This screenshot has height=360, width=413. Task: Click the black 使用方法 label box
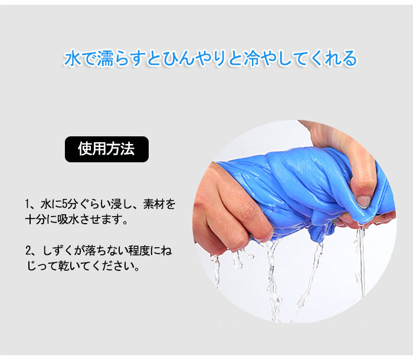click(107, 149)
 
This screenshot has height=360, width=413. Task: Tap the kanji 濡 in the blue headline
click(106, 58)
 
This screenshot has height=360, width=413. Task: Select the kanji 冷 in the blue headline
click(252, 58)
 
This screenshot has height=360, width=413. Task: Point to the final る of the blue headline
click(349, 58)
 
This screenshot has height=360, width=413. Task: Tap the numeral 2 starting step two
click(28, 250)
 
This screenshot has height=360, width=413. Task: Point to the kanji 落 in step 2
click(90, 250)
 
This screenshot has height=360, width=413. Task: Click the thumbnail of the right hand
click(363, 201)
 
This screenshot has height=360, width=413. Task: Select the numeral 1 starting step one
click(27, 204)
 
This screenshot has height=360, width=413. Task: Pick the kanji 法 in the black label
click(128, 149)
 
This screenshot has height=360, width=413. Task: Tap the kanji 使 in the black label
click(85, 149)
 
